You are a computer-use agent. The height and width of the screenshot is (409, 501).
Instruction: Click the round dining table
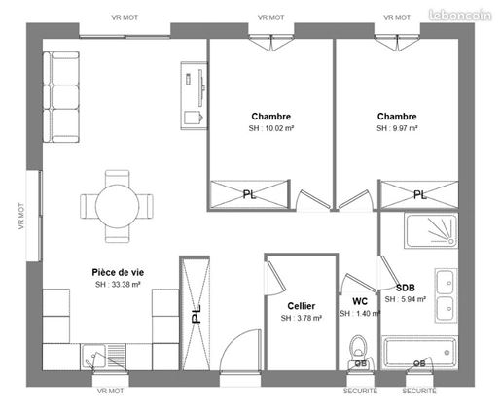(x=118, y=206)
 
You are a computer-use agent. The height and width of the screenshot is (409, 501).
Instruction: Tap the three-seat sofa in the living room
(x=61, y=97)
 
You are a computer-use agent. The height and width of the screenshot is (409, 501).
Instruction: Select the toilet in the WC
(x=358, y=350)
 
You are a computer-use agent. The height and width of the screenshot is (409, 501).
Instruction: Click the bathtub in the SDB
(x=420, y=353)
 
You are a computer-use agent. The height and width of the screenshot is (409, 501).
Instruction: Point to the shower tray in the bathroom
(x=431, y=230)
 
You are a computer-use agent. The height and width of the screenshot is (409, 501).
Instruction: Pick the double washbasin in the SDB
(x=446, y=295)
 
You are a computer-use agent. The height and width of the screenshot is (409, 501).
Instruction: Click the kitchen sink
(x=103, y=357)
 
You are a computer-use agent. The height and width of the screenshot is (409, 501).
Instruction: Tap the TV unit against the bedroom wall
(x=194, y=96)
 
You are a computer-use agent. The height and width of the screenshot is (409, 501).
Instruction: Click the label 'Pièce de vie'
(x=118, y=272)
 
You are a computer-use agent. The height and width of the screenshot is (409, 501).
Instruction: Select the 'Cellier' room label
(x=302, y=306)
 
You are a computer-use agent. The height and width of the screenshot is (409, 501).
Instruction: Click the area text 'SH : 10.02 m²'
(x=271, y=128)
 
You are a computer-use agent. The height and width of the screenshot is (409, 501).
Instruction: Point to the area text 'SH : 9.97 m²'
(x=397, y=128)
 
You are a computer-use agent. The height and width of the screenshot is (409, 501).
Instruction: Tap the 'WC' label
(x=360, y=301)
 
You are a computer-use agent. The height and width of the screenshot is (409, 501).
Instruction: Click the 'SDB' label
(x=406, y=288)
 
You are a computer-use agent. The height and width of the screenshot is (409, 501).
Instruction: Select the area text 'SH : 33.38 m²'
(x=118, y=285)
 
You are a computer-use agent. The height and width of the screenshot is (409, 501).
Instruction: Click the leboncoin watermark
(x=460, y=15)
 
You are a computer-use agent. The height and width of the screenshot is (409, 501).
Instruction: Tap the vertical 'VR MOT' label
(x=21, y=216)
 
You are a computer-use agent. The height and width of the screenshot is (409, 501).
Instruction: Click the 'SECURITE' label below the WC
(x=360, y=391)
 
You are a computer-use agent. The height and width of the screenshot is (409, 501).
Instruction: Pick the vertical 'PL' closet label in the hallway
(x=197, y=314)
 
